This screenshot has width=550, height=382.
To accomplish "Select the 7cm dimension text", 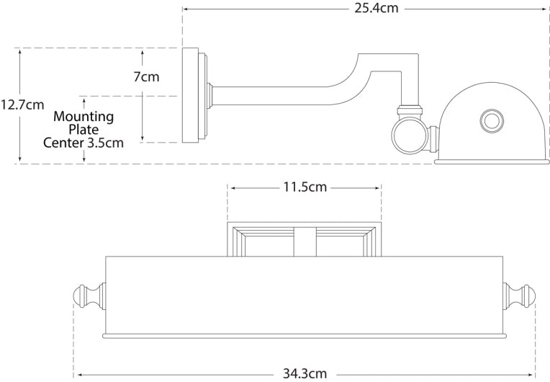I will tap(146, 76).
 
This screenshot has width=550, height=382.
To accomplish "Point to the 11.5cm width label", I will tap(304, 187).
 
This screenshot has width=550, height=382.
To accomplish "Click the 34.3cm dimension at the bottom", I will tap(305, 374).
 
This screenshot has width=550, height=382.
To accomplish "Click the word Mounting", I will tap(84, 116).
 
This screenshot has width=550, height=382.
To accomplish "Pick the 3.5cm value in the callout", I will tap(105, 143).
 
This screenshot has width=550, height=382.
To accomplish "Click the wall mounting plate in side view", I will tap(191, 95).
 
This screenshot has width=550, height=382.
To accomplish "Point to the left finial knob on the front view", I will tap(86, 296).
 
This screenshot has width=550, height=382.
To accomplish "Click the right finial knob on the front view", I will tap(525, 296).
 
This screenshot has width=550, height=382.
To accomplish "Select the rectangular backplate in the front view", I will tap(305, 239).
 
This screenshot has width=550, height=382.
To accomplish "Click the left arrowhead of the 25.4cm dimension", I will tap(184, 9).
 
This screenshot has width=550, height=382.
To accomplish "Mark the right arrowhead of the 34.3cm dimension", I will tap(534, 374).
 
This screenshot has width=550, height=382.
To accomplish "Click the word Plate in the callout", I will tap(84, 130).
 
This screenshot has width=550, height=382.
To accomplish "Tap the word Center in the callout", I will tap(63, 143).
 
